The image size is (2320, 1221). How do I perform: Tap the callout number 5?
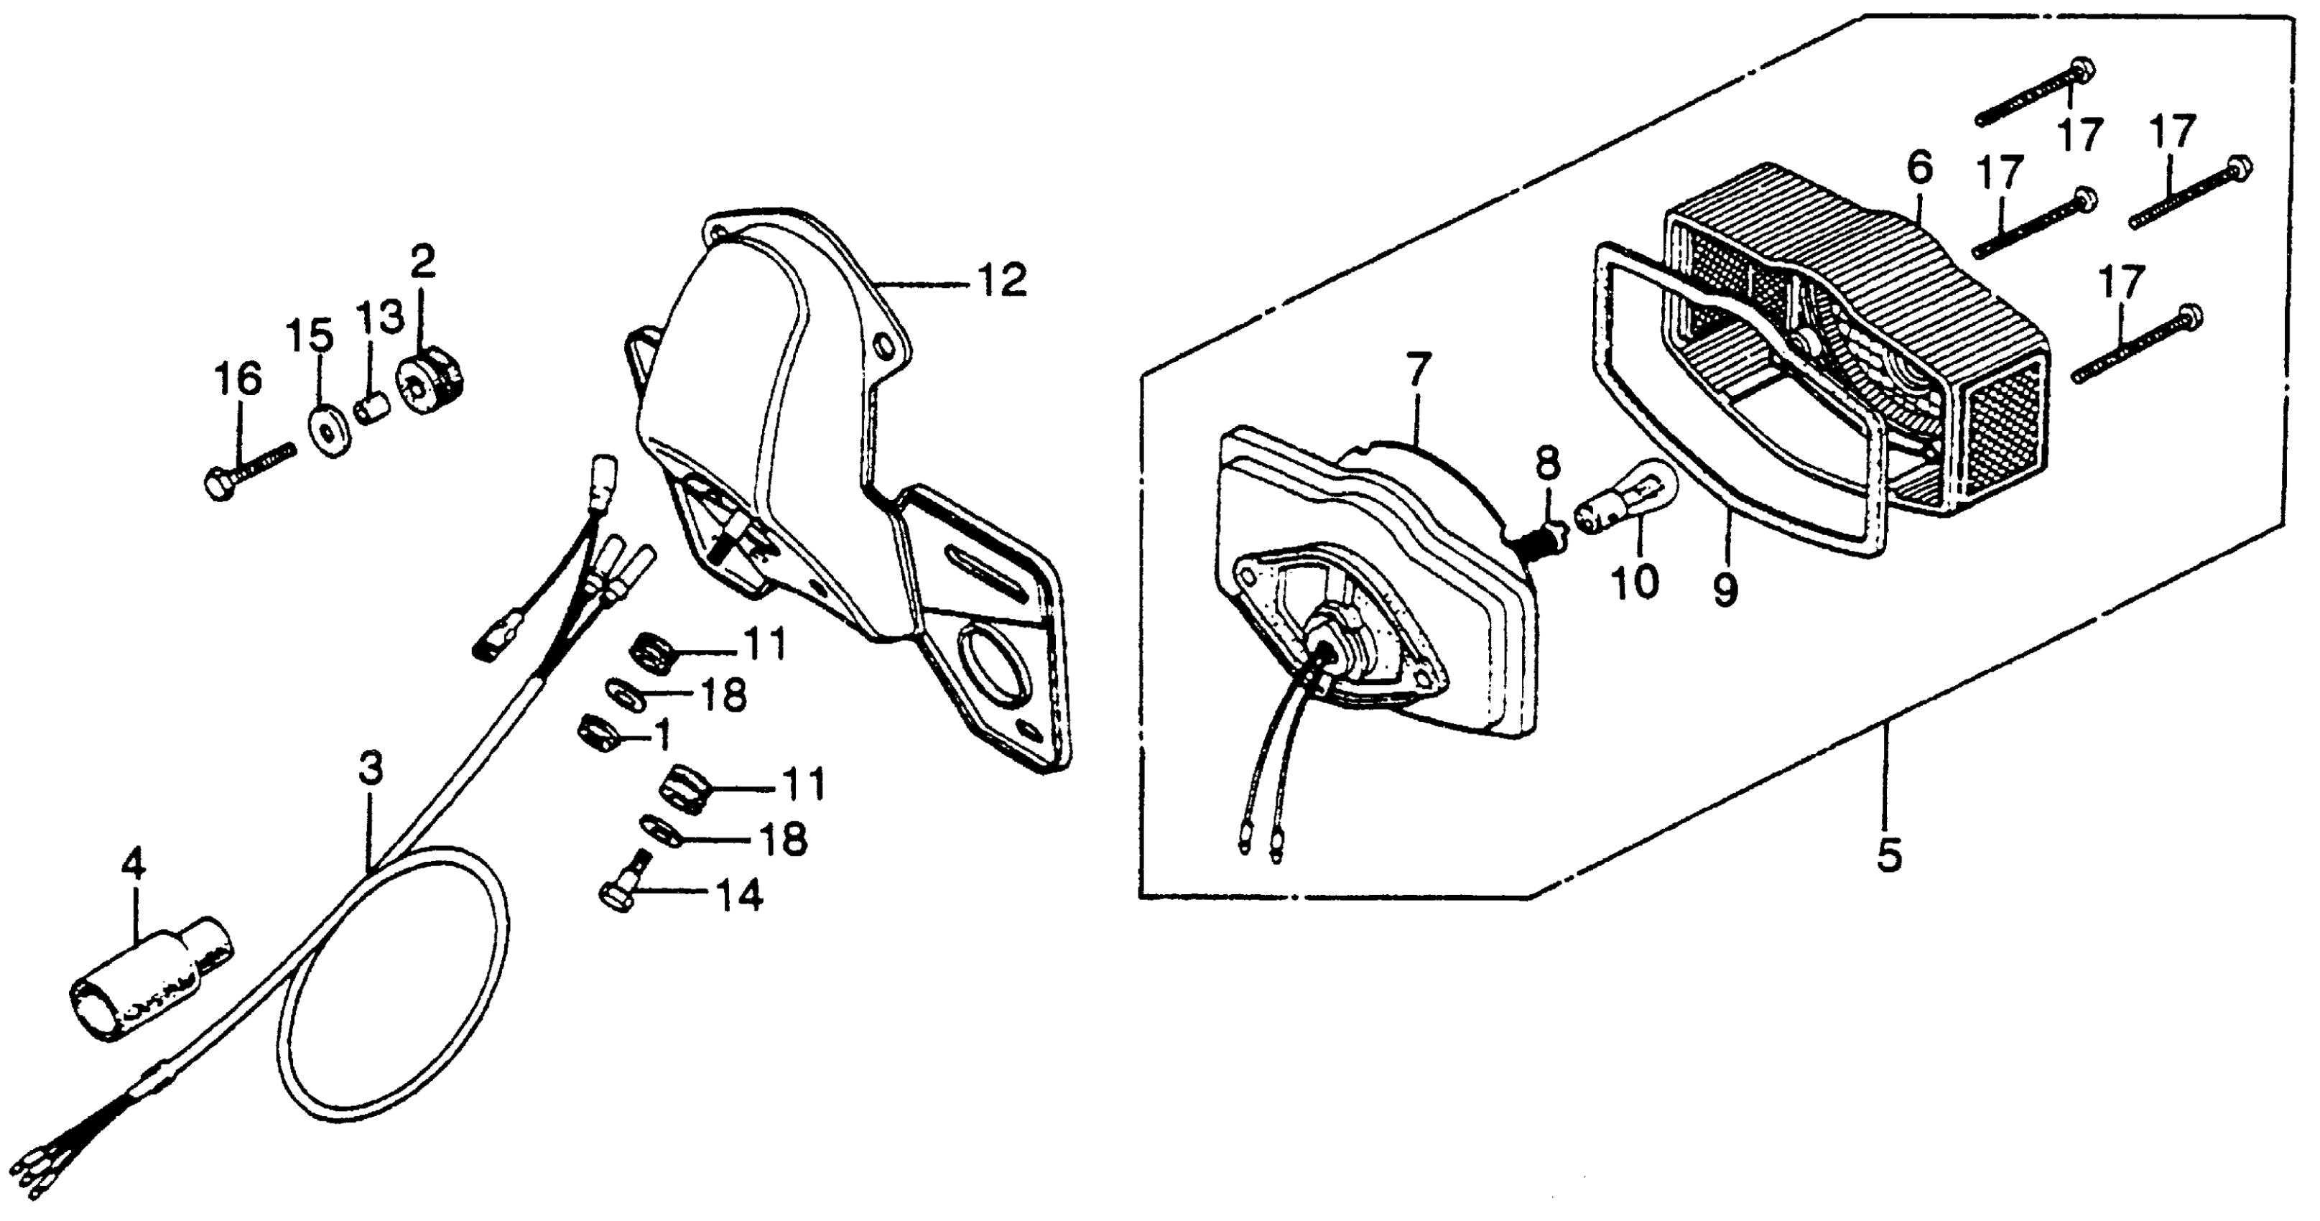1888,855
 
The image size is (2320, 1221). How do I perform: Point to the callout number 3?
370,767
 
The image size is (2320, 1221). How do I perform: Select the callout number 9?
1725,593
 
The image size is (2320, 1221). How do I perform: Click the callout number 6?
1919,168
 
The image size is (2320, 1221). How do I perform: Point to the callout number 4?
134,867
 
